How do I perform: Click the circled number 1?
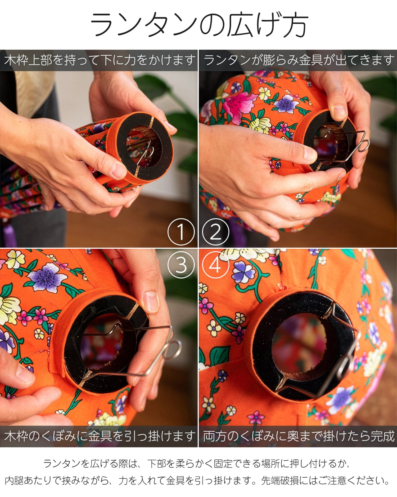point(181,232)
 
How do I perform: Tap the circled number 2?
point(215,232)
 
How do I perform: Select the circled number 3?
point(181,265)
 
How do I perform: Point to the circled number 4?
point(215,265)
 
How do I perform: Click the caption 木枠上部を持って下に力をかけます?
point(100,60)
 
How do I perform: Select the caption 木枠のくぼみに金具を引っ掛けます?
point(100,436)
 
